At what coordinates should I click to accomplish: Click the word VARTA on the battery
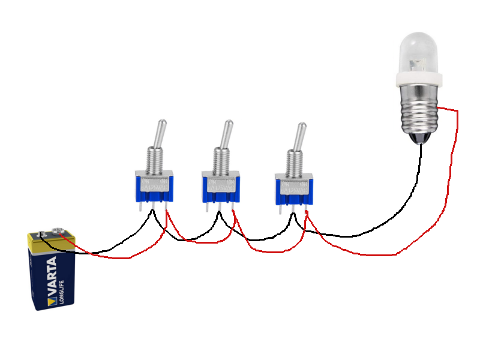51,277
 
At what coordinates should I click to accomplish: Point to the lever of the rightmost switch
298,137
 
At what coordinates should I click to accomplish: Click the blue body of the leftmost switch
154,189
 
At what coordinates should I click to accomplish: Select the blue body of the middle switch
221,189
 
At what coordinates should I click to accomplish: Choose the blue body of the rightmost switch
294,191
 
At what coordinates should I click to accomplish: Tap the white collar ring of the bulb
419,78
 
